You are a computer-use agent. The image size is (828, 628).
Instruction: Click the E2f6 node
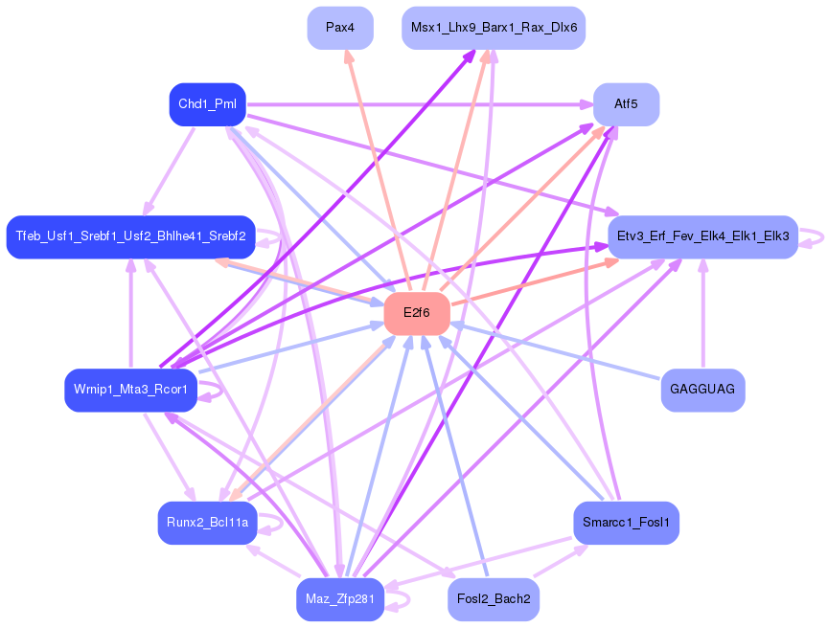tap(417, 313)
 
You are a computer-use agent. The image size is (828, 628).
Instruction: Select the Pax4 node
tap(340, 28)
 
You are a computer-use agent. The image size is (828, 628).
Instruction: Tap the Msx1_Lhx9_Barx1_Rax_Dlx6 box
tap(494, 28)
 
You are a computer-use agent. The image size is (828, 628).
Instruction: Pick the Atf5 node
tap(627, 104)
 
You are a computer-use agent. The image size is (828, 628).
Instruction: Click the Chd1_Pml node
tap(208, 104)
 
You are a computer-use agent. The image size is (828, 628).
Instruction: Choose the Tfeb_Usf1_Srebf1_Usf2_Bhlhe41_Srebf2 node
tap(131, 236)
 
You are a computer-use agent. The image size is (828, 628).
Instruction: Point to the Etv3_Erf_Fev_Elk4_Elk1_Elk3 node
tap(702, 236)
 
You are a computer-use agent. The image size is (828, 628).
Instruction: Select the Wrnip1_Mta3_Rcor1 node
tap(131, 391)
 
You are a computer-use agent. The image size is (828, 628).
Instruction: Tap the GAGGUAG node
tap(702, 391)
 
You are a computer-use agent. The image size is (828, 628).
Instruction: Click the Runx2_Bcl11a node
tap(208, 523)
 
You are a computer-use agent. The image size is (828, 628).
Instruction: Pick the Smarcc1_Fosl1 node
tap(627, 523)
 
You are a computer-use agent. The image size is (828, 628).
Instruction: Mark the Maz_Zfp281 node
tap(340, 599)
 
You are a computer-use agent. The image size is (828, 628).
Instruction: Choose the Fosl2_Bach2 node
tap(494, 599)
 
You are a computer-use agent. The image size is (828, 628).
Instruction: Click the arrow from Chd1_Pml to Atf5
tap(420, 104)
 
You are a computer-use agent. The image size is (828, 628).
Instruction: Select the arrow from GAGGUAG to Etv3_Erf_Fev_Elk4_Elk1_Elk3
tap(702, 314)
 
